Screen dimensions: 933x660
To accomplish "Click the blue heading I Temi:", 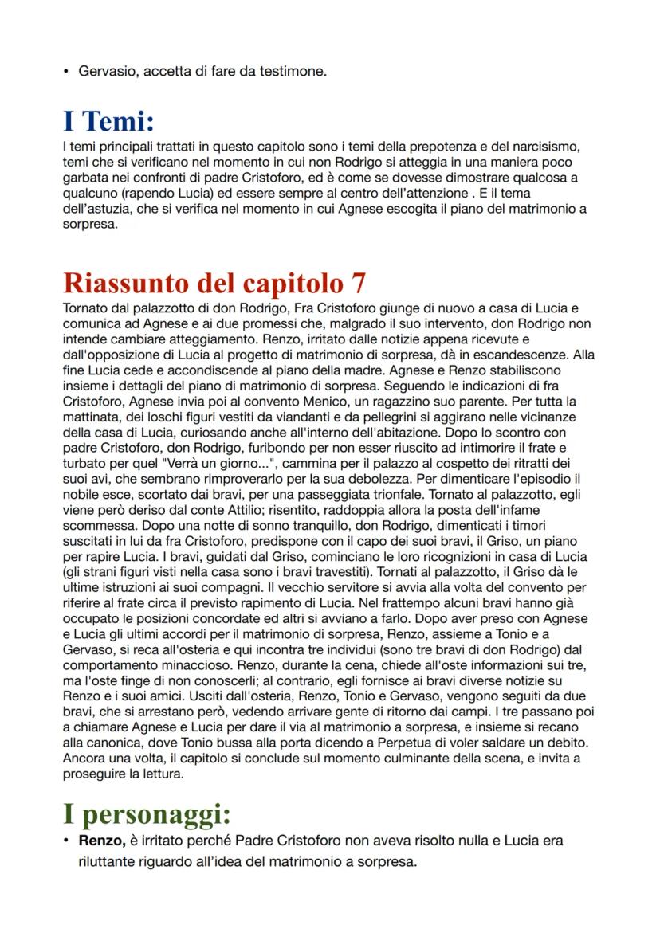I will [108, 122].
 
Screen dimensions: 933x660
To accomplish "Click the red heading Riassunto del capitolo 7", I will [214, 284].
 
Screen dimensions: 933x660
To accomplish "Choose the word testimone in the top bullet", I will [297, 72].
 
